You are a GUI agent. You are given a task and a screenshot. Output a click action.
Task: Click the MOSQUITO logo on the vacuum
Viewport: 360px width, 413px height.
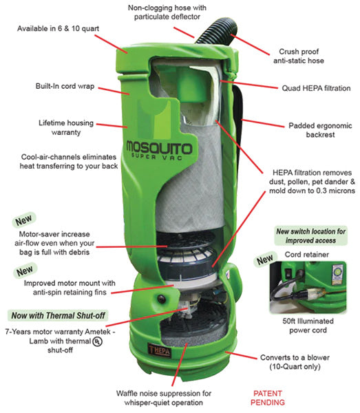159,150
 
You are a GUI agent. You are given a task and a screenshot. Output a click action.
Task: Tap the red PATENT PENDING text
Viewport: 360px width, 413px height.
268,398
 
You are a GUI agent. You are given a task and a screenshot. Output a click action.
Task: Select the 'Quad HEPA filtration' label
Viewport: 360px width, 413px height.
316,88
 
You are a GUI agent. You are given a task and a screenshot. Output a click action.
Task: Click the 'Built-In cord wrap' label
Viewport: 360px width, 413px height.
65,86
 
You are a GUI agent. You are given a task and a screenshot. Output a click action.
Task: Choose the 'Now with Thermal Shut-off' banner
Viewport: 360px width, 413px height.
58,315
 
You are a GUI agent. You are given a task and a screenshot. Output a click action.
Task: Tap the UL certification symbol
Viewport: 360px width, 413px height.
98,341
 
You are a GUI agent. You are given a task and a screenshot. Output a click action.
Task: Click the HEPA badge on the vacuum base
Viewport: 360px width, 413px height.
159,350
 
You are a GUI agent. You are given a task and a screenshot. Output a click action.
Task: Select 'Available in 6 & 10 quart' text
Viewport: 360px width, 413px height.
59,28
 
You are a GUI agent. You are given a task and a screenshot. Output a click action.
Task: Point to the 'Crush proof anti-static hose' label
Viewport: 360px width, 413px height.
299,56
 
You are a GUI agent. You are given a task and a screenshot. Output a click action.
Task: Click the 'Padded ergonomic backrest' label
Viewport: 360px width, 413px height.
320,130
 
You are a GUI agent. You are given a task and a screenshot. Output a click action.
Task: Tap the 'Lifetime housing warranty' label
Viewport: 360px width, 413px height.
66,127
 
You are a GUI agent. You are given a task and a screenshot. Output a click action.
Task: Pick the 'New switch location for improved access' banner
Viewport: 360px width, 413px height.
310,235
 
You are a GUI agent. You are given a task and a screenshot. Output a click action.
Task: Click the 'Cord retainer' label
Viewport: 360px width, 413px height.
307,255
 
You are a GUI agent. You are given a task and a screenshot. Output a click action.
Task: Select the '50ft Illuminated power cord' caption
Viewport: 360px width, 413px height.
308,326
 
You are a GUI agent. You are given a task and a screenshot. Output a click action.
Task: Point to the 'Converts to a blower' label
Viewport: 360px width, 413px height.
295,362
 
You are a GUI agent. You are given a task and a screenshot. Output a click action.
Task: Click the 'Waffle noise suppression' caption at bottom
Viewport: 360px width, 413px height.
164,398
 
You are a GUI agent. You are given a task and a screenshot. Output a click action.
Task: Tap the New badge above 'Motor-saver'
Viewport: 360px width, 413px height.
23,220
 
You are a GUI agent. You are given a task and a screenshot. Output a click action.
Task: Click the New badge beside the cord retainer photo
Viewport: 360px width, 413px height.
265,260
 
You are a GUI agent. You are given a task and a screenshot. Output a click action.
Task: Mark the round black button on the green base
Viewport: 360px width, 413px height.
161,299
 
